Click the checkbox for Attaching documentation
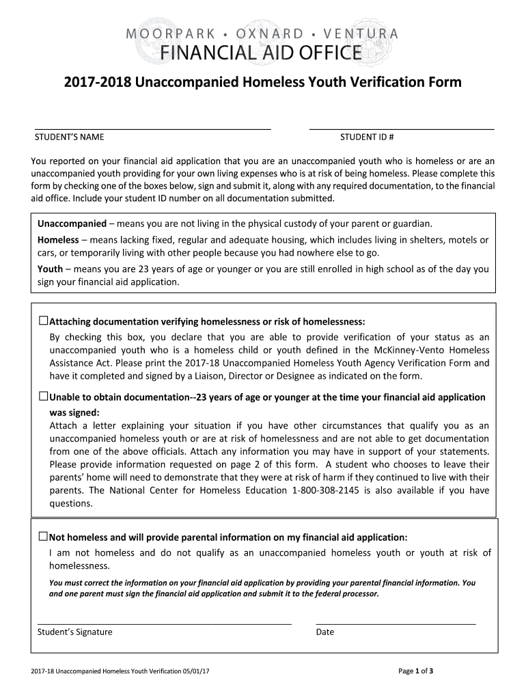click(44, 321)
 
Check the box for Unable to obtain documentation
click(44, 396)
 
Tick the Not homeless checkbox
click(44, 536)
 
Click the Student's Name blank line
click(153, 127)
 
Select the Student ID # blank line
click(402, 127)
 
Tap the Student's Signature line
click(163, 623)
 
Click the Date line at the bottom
click(396, 623)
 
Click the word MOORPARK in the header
click(167, 33)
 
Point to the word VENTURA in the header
click(359, 33)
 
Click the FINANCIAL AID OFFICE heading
click(262, 53)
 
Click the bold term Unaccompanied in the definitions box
click(72, 224)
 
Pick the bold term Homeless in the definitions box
click(58, 240)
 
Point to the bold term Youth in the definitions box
click(50, 269)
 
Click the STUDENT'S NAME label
click(70, 137)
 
